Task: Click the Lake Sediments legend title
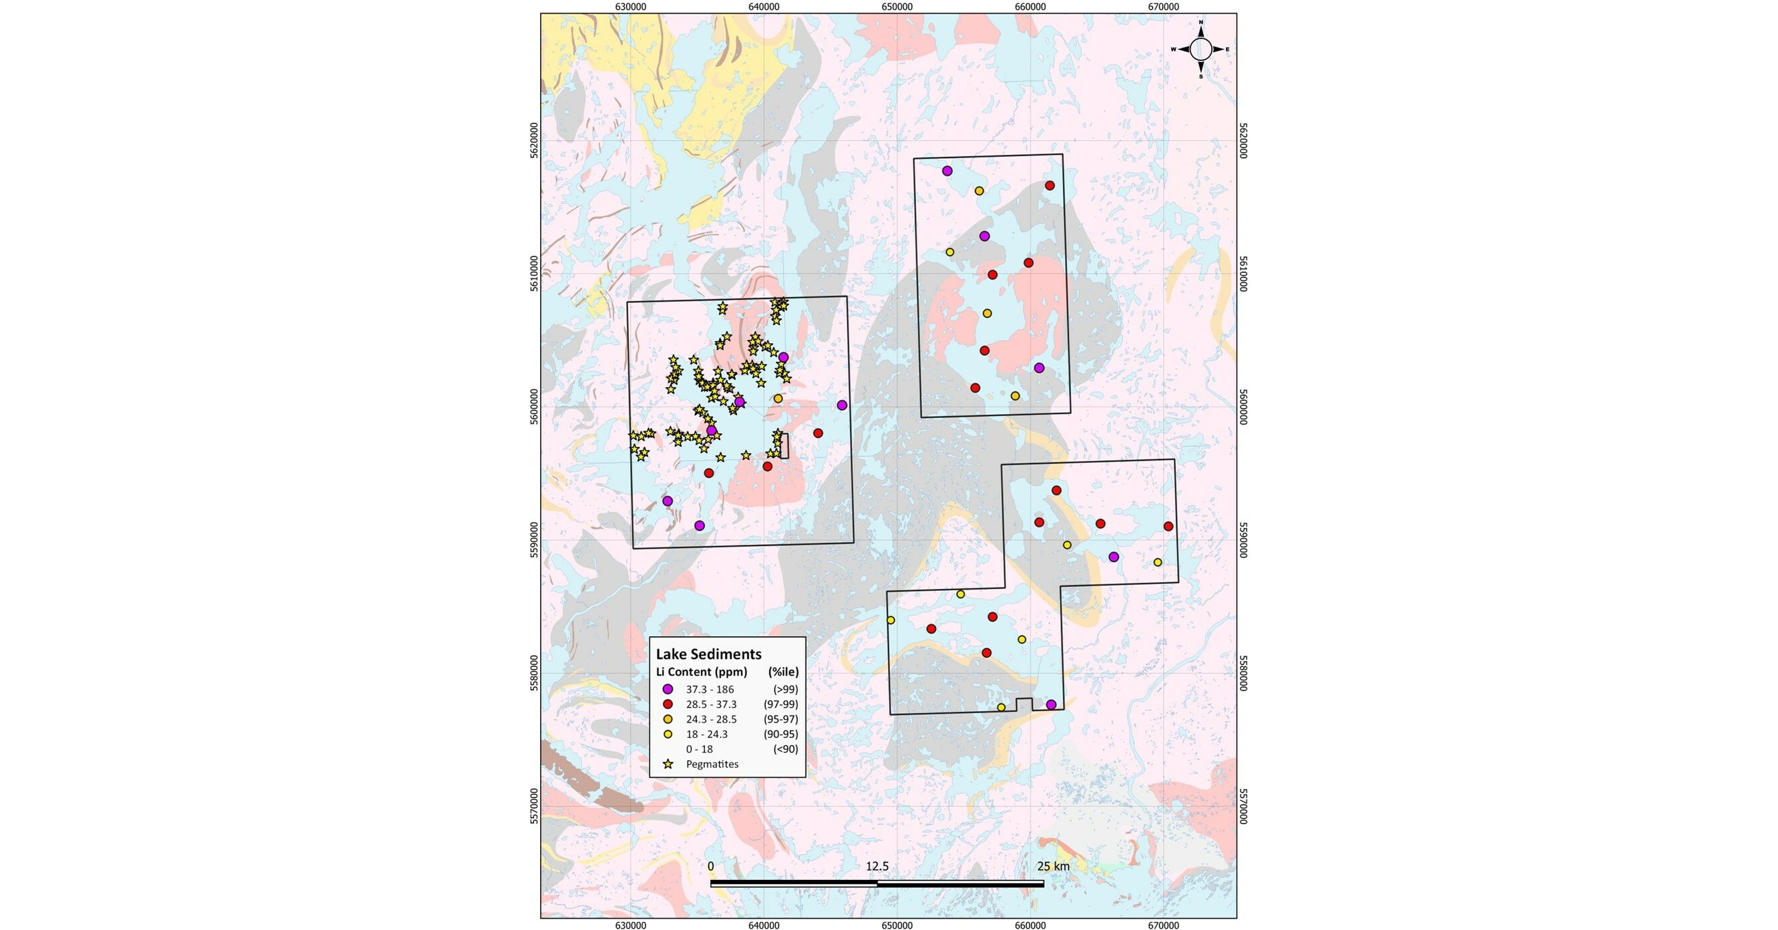(708, 654)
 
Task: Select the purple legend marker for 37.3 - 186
(668, 689)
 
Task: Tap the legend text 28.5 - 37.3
(711, 704)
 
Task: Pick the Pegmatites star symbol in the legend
(668, 764)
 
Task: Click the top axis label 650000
(897, 7)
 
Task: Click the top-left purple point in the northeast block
(947, 170)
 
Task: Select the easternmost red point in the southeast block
(1168, 526)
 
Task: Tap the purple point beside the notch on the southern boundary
(1051, 704)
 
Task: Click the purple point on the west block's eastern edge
(841, 405)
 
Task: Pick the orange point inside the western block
(778, 399)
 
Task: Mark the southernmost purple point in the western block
(699, 525)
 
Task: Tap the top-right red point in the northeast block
(1050, 185)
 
